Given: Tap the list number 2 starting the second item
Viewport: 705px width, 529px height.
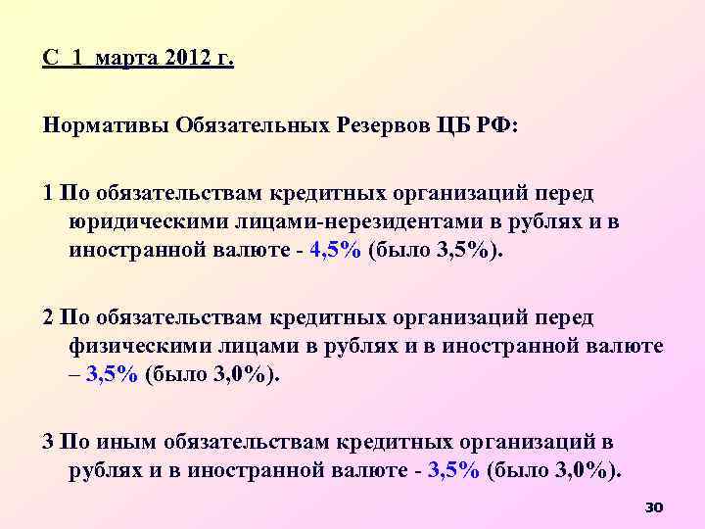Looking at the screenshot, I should tap(48, 319).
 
